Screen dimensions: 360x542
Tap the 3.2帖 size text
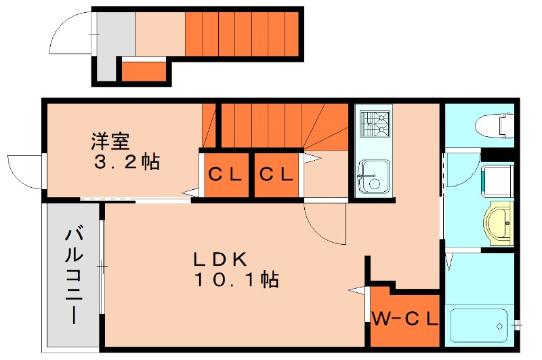126,162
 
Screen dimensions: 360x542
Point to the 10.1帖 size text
236,279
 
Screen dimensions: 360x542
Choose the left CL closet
225,175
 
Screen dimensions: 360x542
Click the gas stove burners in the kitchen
375,124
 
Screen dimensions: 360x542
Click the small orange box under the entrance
144,71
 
